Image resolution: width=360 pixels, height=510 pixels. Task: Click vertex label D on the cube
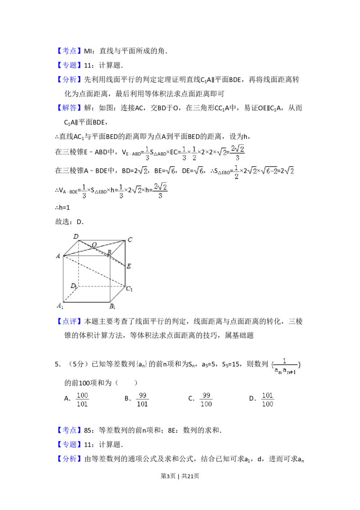pyautogui.click(x=76, y=236)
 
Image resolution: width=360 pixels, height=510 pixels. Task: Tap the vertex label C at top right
pyautogui.click(x=130, y=240)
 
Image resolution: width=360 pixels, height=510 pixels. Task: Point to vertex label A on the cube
pyautogui.click(x=58, y=256)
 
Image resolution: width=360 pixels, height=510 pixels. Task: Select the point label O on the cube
pyautogui.click(x=94, y=245)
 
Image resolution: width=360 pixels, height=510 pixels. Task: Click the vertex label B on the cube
pyautogui.click(x=109, y=253)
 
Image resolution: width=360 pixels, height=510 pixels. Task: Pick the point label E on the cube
pyautogui.click(x=129, y=266)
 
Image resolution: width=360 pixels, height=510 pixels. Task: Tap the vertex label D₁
pyautogui.click(x=73, y=286)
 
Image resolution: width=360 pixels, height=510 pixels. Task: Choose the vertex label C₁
pyautogui.click(x=129, y=289)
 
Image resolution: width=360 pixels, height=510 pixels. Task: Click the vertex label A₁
pyautogui.click(x=59, y=306)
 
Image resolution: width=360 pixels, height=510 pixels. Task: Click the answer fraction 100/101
pyautogui.click(x=81, y=400)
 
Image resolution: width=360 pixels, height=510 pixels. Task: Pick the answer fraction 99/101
pyautogui.click(x=143, y=400)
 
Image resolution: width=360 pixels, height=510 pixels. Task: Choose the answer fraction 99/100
pyautogui.click(x=207, y=400)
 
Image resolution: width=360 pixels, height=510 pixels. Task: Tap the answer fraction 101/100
pyautogui.click(x=268, y=400)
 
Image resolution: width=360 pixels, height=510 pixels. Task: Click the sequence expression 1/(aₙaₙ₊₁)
pyautogui.click(x=285, y=367)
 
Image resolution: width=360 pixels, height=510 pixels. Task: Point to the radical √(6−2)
pyautogui.click(x=270, y=171)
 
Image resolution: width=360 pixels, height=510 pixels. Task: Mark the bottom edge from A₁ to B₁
pyautogui.click(x=86, y=302)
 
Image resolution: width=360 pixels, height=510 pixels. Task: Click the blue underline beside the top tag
pyautogui.click(x=95, y=56)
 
